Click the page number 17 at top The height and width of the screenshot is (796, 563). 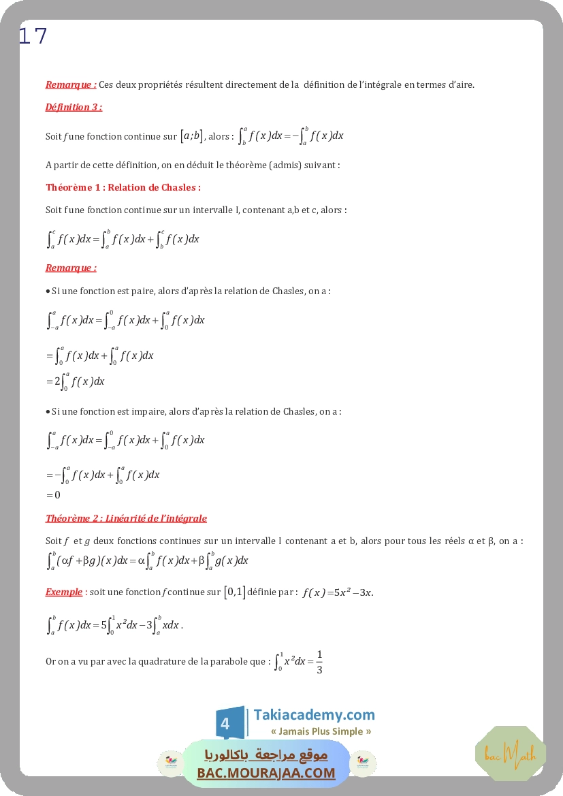[x=33, y=36]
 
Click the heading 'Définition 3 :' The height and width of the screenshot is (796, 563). [x=74, y=107]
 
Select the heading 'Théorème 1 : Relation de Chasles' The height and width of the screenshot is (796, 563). [x=123, y=187]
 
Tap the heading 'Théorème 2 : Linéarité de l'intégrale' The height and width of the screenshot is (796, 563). [x=126, y=518]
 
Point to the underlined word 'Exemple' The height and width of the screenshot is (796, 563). [x=64, y=592]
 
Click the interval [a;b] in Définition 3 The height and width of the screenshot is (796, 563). [x=191, y=136]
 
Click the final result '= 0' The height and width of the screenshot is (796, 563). [x=54, y=495]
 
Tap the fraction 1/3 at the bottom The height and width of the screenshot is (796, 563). [x=319, y=662]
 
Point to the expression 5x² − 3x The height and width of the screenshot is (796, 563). [x=347, y=592]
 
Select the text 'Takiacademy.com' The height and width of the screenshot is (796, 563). [x=314, y=715]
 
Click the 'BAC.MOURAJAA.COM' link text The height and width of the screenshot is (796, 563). [x=266, y=773]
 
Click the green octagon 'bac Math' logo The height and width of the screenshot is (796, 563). [x=511, y=753]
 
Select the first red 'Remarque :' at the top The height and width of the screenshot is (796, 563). [x=71, y=85]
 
